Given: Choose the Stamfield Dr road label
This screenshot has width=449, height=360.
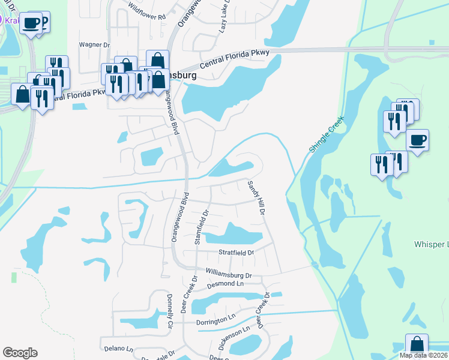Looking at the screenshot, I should point(201,227).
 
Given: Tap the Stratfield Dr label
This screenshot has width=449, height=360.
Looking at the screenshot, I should point(236,253).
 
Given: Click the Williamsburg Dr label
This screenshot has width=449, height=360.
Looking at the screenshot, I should point(228,274).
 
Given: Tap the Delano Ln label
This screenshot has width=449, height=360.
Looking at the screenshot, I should point(118,349).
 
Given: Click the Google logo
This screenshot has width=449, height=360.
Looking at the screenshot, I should point(20,353).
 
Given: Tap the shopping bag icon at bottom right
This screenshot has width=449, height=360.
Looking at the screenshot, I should point(417,346).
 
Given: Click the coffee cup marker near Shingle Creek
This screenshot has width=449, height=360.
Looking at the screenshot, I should point(418,141).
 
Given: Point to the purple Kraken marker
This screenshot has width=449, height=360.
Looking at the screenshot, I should point(2,20).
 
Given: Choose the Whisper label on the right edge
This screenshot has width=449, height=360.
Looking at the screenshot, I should point(431,245).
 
